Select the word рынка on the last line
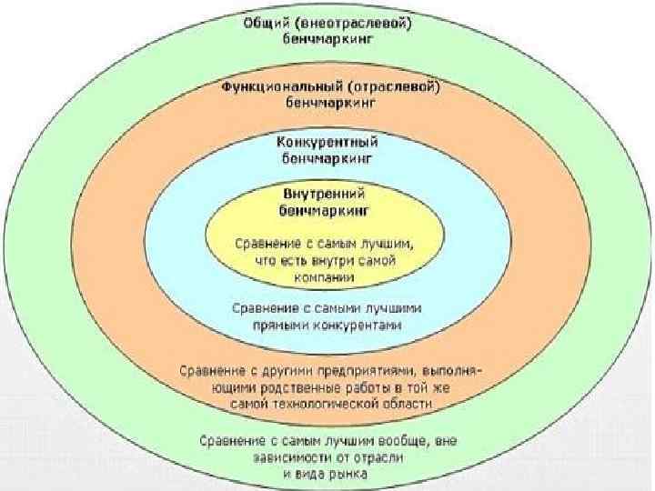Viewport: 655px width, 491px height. click(x=350, y=473)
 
